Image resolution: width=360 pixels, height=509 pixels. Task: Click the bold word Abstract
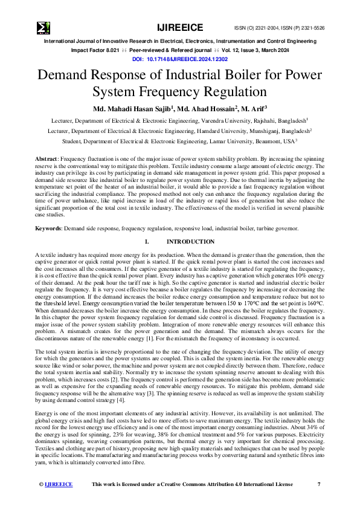(x=46, y=158)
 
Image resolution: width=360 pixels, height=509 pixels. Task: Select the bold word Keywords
(x=48, y=229)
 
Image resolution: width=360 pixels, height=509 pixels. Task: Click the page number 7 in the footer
(x=319, y=484)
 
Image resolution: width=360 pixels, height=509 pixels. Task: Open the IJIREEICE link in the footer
(x=59, y=484)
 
